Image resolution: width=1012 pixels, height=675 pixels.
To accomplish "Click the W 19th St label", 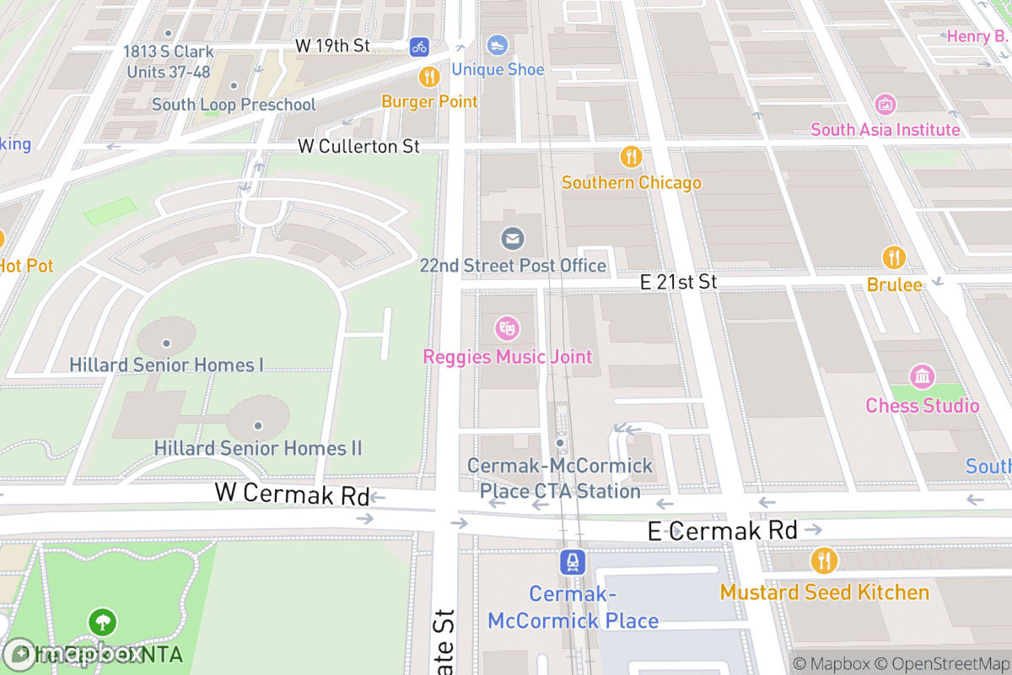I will click(333, 46).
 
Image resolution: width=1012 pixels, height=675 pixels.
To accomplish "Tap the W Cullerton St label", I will click(358, 146).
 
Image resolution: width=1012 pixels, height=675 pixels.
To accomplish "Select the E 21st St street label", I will click(678, 282).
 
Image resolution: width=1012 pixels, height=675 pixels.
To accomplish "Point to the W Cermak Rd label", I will click(292, 494).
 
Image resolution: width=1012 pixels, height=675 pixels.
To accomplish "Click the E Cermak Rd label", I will click(722, 530).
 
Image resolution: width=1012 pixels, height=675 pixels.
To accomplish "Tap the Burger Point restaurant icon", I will click(429, 78).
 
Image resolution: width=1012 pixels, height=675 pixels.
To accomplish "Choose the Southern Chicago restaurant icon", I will click(631, 157).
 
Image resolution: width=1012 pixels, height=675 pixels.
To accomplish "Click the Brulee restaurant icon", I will click(894, 257).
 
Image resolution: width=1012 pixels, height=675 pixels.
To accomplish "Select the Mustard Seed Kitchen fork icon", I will click(824, 560).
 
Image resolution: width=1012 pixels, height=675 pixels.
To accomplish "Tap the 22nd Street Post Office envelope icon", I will click(512, 239).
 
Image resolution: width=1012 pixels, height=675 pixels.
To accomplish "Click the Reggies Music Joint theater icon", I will click(507, 328).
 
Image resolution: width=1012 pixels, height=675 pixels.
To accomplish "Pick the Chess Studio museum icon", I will click(923, 376).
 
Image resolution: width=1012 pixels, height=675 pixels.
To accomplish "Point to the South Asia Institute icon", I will click(885, 105).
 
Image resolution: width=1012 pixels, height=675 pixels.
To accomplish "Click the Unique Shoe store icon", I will click(497, 45).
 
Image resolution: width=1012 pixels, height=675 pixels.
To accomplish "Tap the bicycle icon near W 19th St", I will click(419, 47).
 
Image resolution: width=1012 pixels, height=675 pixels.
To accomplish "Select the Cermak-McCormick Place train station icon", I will click(573, 562).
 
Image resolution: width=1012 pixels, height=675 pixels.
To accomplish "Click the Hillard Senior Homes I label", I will click(166, 364).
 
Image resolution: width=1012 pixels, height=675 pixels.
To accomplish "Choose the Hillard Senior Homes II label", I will click(257, 447).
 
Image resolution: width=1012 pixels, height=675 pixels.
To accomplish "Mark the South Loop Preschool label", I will click(234, 105).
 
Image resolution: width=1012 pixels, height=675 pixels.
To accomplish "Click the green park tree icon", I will click(102, 623).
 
